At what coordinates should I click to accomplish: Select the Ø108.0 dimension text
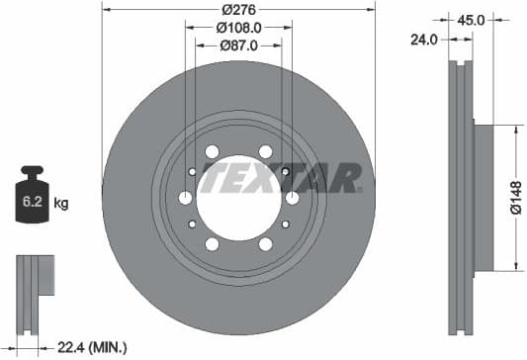[x=237, y=28]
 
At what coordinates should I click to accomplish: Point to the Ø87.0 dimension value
[x=237, y=45]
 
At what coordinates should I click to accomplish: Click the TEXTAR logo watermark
[x=282, y=179]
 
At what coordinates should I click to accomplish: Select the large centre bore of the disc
[x=237, y=198]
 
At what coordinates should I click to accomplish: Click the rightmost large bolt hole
[x=292, y=198]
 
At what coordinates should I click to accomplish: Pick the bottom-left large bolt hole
[x=212, y=244]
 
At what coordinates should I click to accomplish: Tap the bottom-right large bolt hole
[x=265, y=244]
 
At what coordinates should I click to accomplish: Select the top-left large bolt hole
[x=212, y=151]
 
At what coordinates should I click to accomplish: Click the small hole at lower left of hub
[x=191, y=224]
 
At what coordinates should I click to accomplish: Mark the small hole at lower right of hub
[x=285, y=224]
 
